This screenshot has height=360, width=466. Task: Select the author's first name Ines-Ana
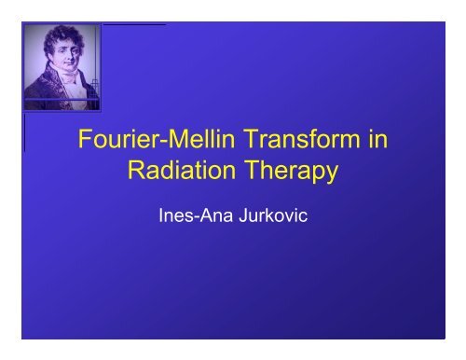point(194,221)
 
